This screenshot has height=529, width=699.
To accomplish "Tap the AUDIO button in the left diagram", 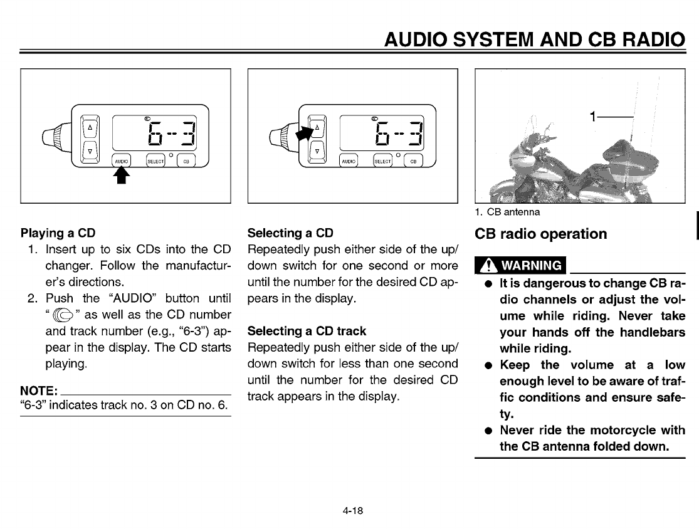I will (122, 160).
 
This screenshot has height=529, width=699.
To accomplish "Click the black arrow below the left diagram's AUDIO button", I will (122, 177).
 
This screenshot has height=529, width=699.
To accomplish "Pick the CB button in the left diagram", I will (186, 160).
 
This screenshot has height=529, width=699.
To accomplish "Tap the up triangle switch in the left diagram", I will (90, 127).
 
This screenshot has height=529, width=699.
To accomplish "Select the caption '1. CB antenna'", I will (507, 212).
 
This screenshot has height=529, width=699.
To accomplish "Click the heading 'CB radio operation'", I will (541, 234).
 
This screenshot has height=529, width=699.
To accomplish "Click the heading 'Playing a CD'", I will (58, 233).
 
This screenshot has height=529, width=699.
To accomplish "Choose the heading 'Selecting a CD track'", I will (307, 331).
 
